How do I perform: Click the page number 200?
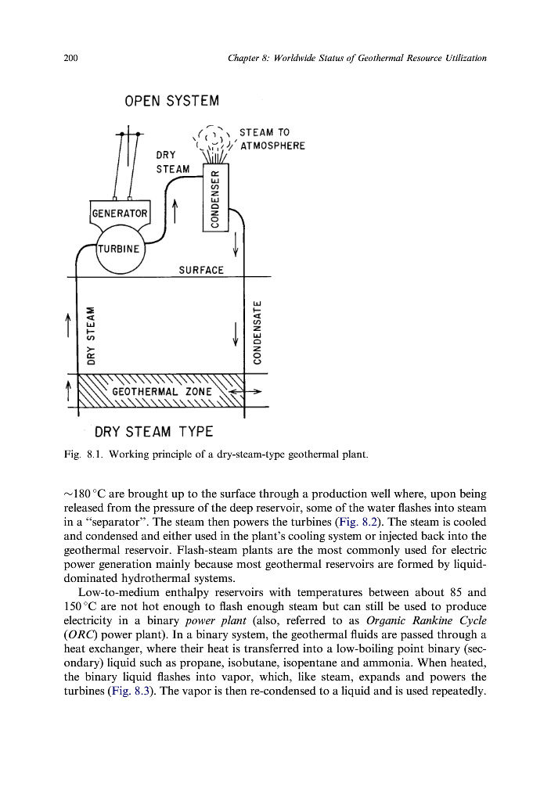[x=70, y=58]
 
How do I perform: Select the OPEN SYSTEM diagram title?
[x=171, y=102]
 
